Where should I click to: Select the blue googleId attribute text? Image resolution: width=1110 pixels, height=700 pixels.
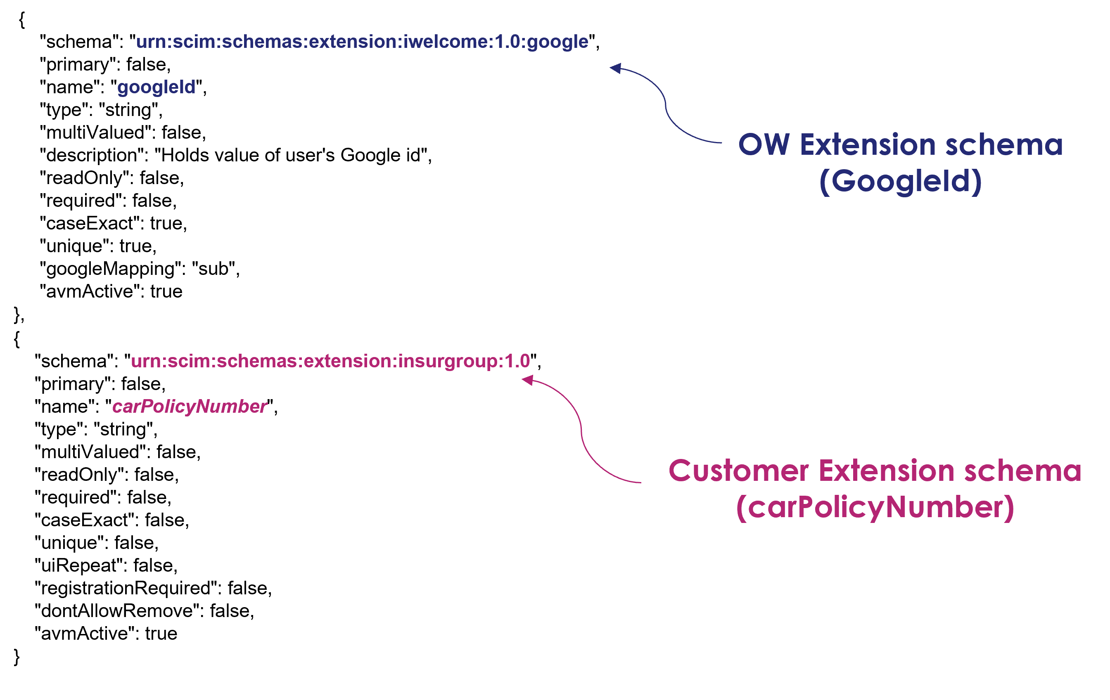click(156, 87)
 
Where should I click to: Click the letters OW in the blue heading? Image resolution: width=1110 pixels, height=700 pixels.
click(764, 145)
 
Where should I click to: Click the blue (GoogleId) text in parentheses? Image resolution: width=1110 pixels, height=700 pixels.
click(900, 181)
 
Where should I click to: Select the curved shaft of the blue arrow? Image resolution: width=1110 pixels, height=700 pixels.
click(666, 108)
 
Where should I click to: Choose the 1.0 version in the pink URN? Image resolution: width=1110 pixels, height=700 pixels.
click(517, 361)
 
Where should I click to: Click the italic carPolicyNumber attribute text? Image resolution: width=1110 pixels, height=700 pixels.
click(190, 407)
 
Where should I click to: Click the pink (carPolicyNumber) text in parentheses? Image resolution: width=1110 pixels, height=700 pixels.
click(875, 507)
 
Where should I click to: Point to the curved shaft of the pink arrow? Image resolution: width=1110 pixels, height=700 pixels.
click(582, 433)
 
